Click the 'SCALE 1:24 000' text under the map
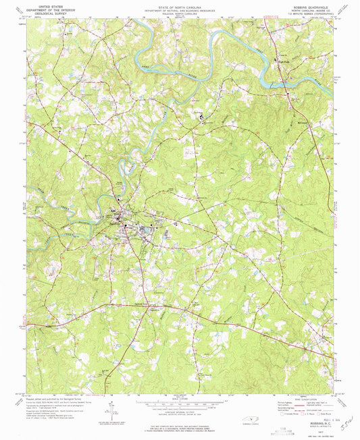coord(179,399)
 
